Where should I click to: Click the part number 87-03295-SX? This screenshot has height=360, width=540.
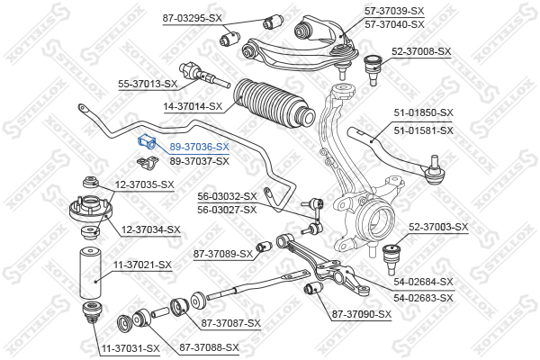[193, 18]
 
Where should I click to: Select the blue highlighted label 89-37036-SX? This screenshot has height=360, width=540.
[200, 147]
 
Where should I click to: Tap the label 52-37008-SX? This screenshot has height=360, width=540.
[421, 51]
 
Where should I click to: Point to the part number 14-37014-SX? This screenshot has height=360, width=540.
[193, 106]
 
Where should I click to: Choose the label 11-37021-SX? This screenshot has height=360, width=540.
[142, 265]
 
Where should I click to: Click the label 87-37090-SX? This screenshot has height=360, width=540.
[362, 314]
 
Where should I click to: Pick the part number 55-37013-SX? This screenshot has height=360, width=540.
[148, 84]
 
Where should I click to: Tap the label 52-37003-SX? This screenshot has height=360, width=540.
[438, 227]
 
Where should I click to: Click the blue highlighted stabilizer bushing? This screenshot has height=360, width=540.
[147, 142]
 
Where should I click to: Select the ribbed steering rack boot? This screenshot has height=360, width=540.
[274, 103]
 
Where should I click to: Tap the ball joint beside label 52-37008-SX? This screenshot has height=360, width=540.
[373, 69]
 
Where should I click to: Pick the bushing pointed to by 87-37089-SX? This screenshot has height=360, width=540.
[264, 247]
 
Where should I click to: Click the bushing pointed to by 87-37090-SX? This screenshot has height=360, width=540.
[313, 288]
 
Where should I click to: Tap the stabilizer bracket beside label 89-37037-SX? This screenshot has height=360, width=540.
[147, 163]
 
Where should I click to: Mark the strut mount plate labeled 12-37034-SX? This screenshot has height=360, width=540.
[91, 209]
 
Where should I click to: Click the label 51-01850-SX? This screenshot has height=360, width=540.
[424, 112]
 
